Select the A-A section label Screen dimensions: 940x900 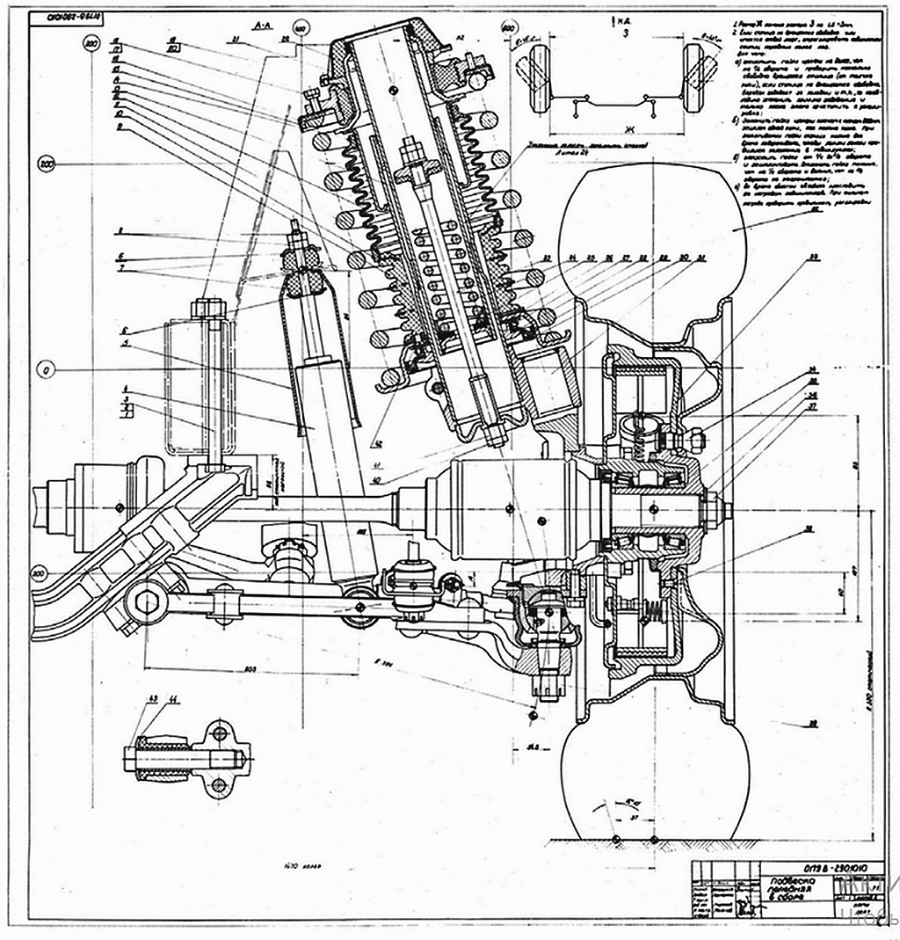pos(260,27)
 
